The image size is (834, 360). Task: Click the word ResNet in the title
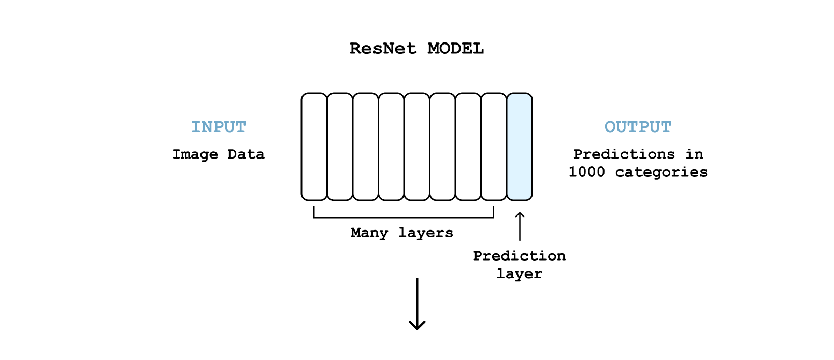(383, 49)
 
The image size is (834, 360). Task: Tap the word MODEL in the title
(455, 49)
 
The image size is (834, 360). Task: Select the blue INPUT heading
(219, 127)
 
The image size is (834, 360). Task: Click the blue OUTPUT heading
(638, 127)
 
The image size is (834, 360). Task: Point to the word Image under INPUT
(195, 154)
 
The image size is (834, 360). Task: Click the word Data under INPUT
(246, 154)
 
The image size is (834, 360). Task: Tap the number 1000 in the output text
(587, 172)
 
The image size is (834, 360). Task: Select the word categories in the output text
(661, 172)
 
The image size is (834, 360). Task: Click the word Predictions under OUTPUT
(624, 154)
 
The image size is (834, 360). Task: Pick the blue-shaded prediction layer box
(520, 147)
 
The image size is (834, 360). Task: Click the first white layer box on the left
(314, 147)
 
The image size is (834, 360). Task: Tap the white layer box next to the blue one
(494, 147)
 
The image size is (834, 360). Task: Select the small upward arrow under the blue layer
(520, 226)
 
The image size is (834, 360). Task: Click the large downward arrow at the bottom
(417, 304)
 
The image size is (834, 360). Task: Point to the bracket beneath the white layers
(404, 217)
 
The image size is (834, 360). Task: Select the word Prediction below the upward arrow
(520, 256)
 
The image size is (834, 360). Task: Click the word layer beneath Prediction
(520, 275)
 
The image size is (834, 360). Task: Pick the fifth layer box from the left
(417, 147)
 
